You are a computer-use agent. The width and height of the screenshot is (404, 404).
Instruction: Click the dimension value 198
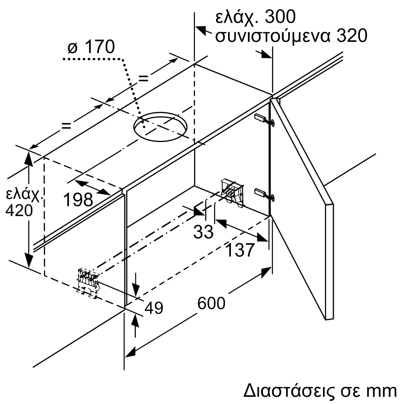tap(78, 200)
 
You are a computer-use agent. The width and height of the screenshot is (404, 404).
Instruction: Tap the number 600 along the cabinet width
tap(211, 303)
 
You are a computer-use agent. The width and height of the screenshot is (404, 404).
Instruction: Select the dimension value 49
tap(154, 308)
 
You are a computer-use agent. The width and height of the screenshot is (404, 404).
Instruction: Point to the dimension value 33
tap(203, 232)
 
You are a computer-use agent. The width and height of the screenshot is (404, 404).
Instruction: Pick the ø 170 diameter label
tap(91, 47)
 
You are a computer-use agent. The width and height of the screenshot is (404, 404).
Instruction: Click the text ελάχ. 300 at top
tap(255, 17)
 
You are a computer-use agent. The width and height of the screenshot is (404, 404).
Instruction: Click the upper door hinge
tap(264, 120)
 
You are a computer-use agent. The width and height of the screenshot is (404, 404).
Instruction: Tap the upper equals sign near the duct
tap(143, 78)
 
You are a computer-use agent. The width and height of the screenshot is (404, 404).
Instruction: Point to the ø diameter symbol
tap(73, 48)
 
